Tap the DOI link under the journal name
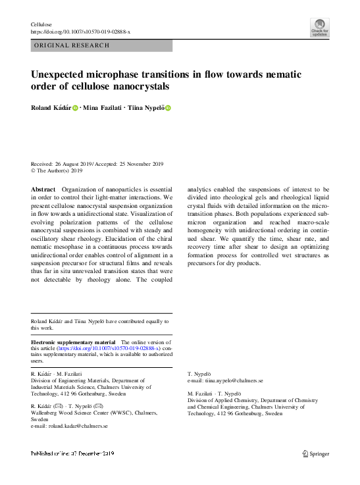click(x=80, y=32)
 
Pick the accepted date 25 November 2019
click(x=136, y=164)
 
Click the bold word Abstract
click(x=44, y=189)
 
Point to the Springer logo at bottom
click(x=315, y=453)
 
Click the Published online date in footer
click(x=72, y=453)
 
